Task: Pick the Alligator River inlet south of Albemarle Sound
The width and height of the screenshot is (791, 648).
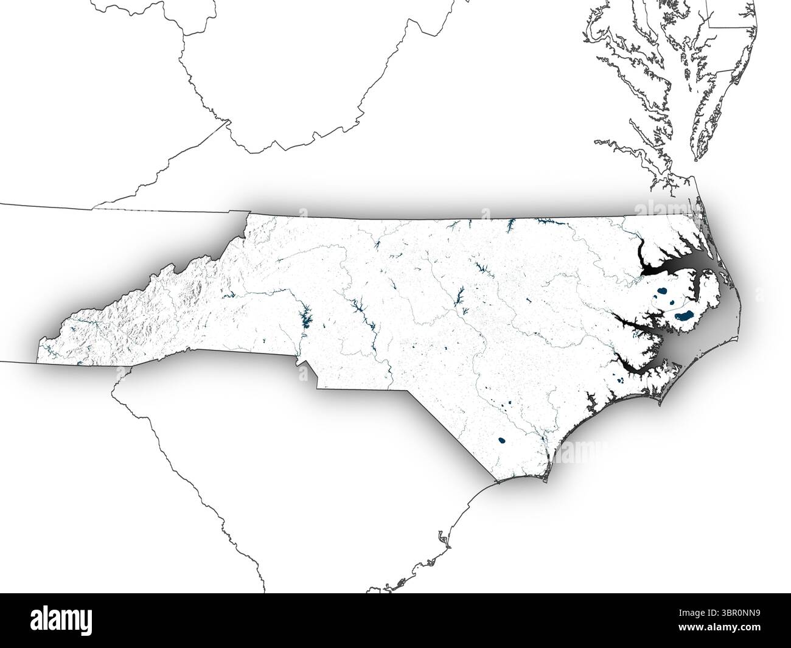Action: (x=693, y=287)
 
